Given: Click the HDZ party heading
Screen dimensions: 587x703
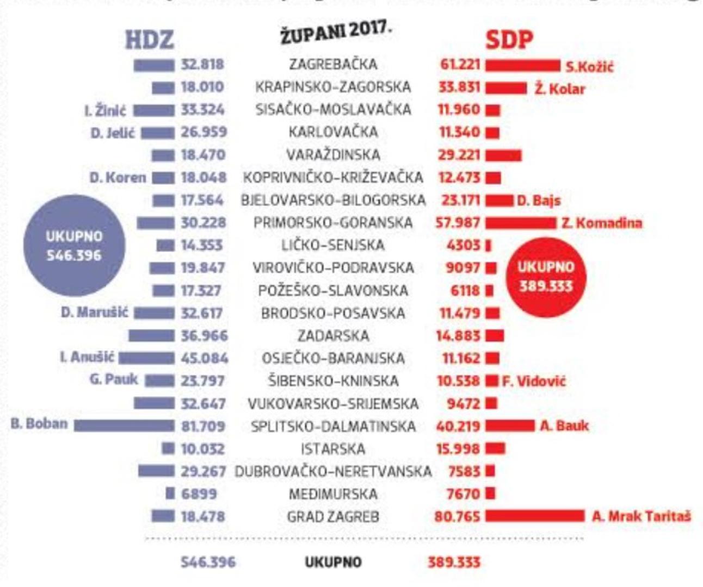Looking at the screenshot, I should pos(149,40).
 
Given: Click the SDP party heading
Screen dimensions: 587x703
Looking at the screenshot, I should pos(509,40).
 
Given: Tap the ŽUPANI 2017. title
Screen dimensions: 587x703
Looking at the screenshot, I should pos(336,34).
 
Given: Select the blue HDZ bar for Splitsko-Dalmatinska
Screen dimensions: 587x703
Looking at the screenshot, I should pos(124,426).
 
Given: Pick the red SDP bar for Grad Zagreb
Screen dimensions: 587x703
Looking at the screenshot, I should pos(534,515).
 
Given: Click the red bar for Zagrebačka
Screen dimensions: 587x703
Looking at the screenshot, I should pos(522,66).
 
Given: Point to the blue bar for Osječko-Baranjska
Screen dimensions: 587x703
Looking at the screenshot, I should pos(147,358).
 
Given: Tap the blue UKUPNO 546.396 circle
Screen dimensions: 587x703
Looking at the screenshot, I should pos(74,246).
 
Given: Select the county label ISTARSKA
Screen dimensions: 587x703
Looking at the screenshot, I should pos(333,449).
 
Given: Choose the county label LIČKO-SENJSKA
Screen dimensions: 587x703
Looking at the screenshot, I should pos(332,245).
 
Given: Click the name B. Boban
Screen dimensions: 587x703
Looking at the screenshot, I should pos(39,423).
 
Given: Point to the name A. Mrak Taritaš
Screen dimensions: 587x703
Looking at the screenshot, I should pos(641,516).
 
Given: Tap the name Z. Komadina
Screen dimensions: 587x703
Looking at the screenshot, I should pos(601,223).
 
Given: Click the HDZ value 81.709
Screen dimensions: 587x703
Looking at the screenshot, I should pos(202,426).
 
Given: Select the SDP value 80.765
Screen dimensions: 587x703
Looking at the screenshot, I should pos(457,516).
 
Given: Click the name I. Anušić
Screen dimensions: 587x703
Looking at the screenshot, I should pos(87,357).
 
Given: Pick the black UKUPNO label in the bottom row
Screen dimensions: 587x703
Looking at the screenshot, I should pos(333,562).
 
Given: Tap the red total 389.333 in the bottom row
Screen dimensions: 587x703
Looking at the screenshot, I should pos(454,562).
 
